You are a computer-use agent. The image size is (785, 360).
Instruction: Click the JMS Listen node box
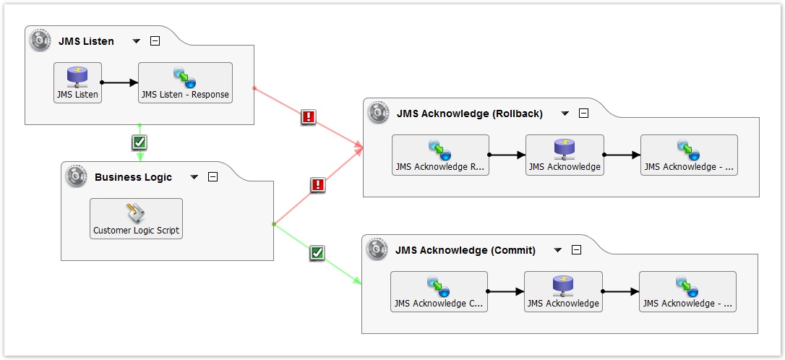click(77, 82)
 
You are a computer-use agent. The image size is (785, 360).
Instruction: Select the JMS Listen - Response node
click(185, 82)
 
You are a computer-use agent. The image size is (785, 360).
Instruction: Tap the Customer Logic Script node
click(136, 218)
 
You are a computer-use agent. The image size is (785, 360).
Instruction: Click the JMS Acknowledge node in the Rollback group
click(564, 155)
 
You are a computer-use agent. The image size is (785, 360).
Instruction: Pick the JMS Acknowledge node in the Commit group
click(562, 291)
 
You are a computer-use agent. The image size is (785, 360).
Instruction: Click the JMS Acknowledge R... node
click(440, 155)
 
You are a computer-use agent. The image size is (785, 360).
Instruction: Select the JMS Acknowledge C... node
click(439, 291)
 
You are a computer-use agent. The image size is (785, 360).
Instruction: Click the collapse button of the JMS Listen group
click(155, 41)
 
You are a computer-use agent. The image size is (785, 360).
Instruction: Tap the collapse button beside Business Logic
click(213, 177)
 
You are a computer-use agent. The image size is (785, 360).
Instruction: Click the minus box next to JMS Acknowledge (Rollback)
click(584, 113)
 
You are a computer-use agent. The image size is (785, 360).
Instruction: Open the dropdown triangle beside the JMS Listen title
click(137, 41)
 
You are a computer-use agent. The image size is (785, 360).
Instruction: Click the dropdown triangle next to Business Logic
click(194, 177)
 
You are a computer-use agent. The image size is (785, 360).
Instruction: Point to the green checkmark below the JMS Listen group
click(140, 142)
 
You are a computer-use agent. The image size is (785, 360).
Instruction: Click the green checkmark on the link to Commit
click(317, 253)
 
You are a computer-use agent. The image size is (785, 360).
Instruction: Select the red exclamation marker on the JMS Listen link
click(309, 117)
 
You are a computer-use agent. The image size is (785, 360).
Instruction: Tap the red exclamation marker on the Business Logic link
click(317, 185)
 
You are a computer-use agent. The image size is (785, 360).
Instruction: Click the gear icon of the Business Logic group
click(76, 176)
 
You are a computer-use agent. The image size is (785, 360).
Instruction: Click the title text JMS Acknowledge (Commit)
click(466, 250)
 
